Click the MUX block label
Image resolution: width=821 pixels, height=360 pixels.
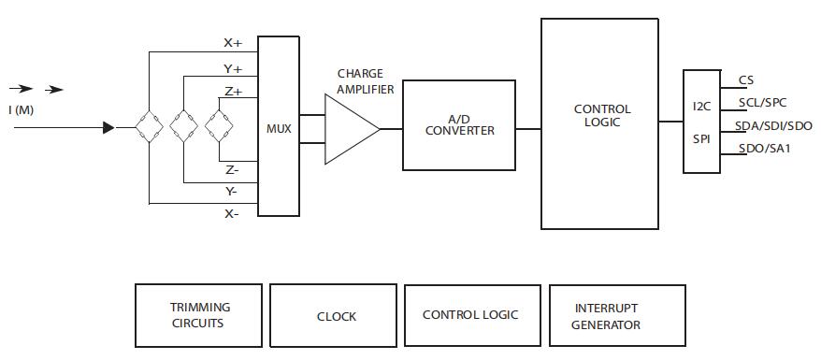coord(278,128)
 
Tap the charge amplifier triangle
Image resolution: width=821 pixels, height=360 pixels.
coord(352,129)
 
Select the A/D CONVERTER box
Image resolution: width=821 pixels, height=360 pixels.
coord(459,125)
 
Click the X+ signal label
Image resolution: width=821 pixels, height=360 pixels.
coord(234,43)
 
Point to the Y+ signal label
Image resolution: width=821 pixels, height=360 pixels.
coord(234,69)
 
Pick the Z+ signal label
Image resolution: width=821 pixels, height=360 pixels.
coord(234,92)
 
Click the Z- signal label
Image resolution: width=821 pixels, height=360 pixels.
coord(232,169)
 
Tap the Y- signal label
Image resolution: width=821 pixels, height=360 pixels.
coord(231,192)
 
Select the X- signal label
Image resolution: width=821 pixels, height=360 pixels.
coord(231,213)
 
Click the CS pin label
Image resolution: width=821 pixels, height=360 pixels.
coord(746,80)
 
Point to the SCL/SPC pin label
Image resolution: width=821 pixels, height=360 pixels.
coord(762,103)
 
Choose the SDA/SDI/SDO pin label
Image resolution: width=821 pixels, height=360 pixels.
coord(773,125)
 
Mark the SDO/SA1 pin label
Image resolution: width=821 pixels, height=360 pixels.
coord(765,148)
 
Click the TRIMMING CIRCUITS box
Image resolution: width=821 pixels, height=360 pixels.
coord(198,315)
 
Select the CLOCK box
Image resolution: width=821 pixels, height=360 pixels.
coord(333,315)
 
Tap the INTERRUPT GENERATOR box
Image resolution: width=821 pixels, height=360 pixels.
coord(617,315)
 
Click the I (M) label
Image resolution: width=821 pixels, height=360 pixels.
coord(21,110)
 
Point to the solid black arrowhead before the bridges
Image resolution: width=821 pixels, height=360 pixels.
coord(108,127)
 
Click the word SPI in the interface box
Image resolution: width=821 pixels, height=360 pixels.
coord(701,139)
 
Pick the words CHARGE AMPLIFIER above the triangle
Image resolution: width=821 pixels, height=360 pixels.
coord(365,81)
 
